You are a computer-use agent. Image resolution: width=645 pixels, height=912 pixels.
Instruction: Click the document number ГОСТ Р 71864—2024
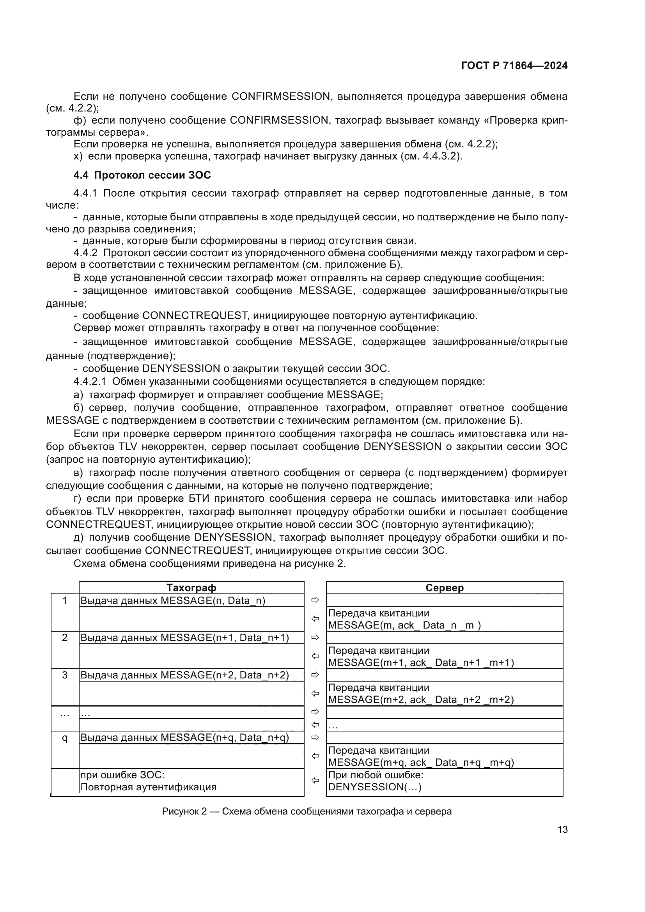coord(514,66)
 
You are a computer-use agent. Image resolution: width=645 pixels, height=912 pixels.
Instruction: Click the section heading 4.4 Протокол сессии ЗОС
coord(142,175)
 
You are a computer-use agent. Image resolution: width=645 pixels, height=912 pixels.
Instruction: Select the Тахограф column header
coord(191,588)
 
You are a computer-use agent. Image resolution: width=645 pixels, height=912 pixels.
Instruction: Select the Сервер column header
coord(444,588)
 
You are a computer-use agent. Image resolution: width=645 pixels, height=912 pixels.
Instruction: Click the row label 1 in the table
coord(65,600)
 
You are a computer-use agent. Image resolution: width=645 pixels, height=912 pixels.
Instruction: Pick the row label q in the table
coord(65,738)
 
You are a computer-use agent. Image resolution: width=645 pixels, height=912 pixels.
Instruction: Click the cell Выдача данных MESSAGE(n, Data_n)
coord(173,600)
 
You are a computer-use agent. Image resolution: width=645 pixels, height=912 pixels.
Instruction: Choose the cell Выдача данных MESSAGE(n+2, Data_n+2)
coord(185,675)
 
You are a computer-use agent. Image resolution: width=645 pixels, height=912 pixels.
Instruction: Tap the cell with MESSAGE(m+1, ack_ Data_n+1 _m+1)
coord(421,662)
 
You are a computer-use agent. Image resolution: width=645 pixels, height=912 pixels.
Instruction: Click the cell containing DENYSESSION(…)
coord(374,787)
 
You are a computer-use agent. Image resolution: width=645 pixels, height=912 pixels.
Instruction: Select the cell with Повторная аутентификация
coord(149,787)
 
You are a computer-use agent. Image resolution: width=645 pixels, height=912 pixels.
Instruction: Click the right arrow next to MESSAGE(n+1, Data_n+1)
coord(315,638)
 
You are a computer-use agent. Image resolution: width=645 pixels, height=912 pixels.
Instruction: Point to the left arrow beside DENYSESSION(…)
coord(315,781)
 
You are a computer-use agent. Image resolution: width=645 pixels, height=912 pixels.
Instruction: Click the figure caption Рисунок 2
coord(306,811)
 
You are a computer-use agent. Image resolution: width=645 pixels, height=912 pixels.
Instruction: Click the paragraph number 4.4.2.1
coord(90,381)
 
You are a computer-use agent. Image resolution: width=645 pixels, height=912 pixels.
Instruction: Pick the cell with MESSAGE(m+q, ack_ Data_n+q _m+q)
coord(421,762)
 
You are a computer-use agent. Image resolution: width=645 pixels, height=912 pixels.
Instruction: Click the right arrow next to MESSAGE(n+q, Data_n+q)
coord(315,738)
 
